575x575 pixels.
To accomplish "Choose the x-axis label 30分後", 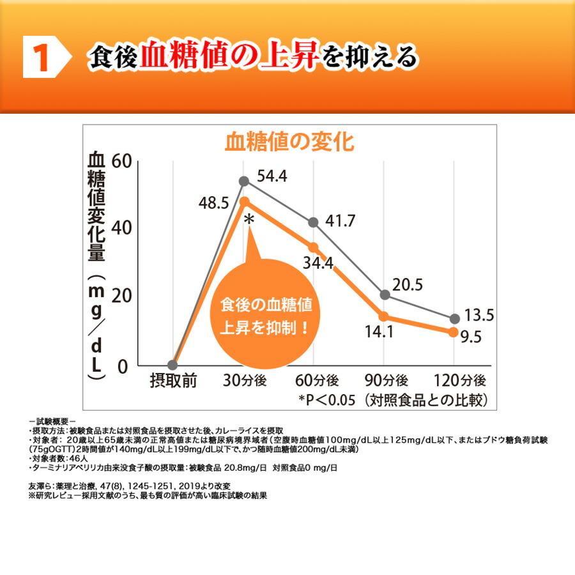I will pos(244,381).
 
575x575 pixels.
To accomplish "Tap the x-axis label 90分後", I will pos(385,381).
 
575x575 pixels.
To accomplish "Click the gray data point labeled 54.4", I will pos(243,181).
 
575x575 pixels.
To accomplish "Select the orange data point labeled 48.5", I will pos(243,201).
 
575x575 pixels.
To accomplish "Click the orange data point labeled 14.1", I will pos(384,316).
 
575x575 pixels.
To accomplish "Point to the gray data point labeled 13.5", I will pos(454,319).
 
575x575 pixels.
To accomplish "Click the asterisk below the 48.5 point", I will pos(249,221).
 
